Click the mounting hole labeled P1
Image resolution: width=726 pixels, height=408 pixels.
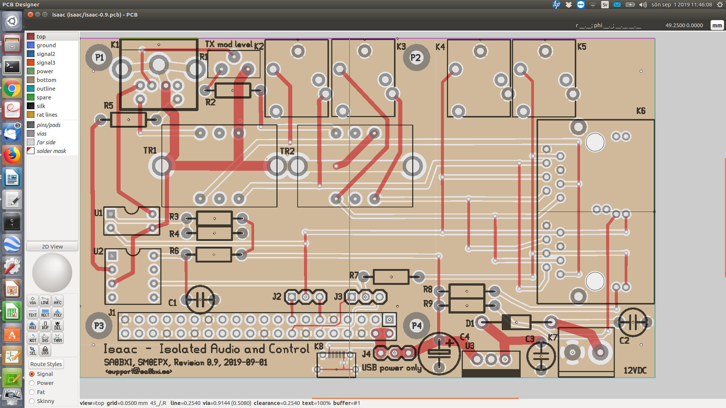pos(99,58)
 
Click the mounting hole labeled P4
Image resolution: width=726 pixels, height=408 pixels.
pos(416,326)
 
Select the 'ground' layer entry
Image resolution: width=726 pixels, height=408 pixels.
pos(46,45)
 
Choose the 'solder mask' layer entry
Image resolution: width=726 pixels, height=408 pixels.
pos(51,151)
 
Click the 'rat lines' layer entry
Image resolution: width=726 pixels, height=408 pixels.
pos(47,115)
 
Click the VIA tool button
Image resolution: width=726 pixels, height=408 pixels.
pos(33,301)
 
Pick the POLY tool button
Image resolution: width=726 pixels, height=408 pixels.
pos(57,313)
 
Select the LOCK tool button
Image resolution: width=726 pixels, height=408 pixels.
pos(45,351)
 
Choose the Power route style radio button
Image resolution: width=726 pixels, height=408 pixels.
pos(32,383)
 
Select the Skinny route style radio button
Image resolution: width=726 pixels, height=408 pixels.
pos(32,401)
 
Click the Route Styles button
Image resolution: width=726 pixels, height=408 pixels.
pos(46,364)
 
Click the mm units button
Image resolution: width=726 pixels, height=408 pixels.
pos(717,25)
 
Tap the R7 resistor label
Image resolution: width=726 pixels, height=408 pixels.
pos(354,275)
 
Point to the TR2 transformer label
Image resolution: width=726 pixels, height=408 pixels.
pos(287,151)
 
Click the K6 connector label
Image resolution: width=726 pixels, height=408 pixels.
pos(641,111)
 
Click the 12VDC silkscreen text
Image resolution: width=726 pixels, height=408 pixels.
pos(635,371)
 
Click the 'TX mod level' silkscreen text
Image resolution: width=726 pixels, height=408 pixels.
pos(228,45)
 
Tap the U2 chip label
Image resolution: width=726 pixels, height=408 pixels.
pos(98,251)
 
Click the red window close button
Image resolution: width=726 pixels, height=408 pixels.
pos(30,15)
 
